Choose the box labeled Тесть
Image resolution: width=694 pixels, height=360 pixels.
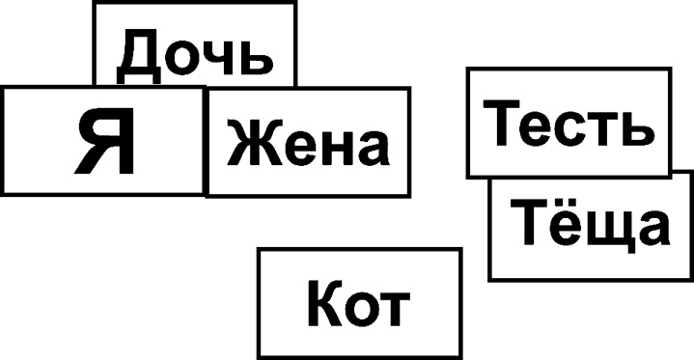[x=568, y=123]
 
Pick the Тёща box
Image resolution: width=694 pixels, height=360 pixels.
[x=590, y=228]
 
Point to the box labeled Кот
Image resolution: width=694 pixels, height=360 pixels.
[x=358, y=302]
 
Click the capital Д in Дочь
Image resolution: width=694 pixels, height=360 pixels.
[x=139, y=55]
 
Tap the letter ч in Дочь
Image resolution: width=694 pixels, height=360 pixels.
[x=209, y=58]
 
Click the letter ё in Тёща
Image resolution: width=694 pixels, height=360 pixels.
[x=562, y=229]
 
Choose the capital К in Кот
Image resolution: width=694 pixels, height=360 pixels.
[x=324, y=304]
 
